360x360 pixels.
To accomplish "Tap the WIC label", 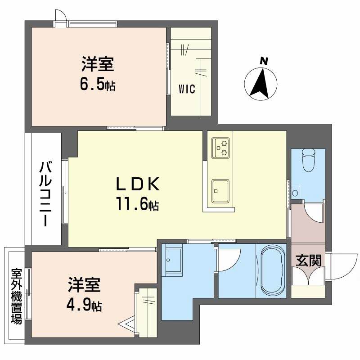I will click(187, 89).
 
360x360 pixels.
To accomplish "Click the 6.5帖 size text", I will click(97, 84).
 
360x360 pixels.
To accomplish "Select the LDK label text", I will click(138, 184).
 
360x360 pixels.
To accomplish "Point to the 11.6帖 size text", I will click(138, 205).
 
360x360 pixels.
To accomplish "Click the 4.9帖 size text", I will click(85, 306).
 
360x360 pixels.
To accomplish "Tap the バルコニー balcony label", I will click(45, 194).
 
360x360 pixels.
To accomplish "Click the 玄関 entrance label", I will click(308, 260).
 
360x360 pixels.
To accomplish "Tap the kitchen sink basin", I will click(220, 191).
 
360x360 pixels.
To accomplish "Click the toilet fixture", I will click(309, 160).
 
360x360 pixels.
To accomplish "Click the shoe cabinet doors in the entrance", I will click(308, 277).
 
